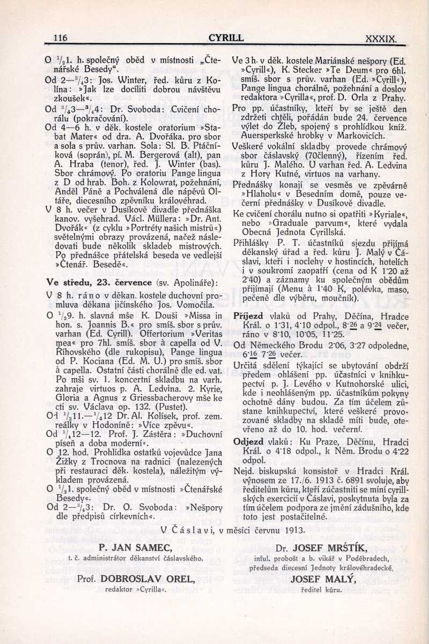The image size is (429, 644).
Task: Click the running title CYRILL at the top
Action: [226, 38]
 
